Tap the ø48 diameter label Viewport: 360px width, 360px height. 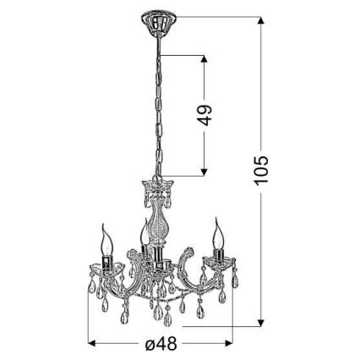pyautogui.click(x=158, y=345)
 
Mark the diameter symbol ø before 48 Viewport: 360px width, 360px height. pyautogui.click(x=148, y=345)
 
